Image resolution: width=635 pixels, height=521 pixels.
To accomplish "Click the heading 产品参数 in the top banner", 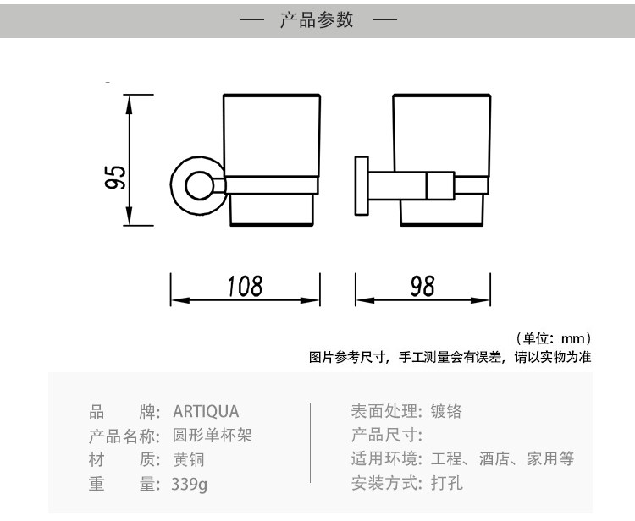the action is coord(317,19).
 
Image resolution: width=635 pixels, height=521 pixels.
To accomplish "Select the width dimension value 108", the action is coord(245,286).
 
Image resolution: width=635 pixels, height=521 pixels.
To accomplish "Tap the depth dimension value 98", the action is coord(422,286).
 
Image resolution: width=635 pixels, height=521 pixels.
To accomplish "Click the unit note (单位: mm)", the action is coord(552,338).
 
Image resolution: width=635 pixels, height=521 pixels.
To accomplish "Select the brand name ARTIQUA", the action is coord(206,412).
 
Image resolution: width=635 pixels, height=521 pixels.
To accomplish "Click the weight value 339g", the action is coord(190,485).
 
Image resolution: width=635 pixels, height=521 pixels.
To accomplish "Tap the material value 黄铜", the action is coord(189,460).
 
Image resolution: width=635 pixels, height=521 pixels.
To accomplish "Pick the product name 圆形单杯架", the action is coord(213,436).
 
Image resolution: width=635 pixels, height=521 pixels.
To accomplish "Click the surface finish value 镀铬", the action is coord(446,412).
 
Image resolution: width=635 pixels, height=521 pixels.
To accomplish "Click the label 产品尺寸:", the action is coord(386,436).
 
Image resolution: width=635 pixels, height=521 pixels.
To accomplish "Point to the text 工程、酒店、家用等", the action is coord(502,460).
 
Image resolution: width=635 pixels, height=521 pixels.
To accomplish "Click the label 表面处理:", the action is coord(386,412).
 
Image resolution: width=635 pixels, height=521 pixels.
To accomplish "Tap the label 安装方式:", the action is coord(386,485).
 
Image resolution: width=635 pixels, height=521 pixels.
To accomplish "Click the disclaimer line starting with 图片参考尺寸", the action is coord(449,358).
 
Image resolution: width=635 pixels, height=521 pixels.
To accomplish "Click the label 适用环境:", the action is coord(386,460).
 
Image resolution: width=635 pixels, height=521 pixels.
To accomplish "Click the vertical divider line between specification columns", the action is coord(313,448).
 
